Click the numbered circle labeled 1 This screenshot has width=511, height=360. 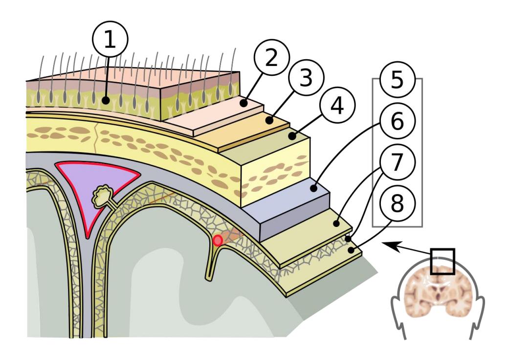[x=110, y=39]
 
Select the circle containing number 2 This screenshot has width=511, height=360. [x=271, y=57]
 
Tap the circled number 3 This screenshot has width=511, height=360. [x=306, y=78]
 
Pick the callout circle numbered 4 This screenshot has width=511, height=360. [x=337, y=105]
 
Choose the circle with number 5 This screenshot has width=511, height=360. [x=397, y=79]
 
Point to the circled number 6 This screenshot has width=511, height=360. [x=397, y=121]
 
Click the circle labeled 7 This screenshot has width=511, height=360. [x=397, y=162]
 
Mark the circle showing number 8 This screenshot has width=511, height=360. [x=397, y=203]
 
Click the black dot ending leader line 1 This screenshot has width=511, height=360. [x=105, y=100]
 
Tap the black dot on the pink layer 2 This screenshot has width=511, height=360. [x=244, y=103]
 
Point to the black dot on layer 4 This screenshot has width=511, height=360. [x=292, y=136]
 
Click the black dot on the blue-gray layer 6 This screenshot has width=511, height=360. [x=313, y=188]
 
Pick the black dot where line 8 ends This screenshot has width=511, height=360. [x=351, y=250]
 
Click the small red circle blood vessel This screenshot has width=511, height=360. [x=218, y=241]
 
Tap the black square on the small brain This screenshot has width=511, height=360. [x=442, y=262]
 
